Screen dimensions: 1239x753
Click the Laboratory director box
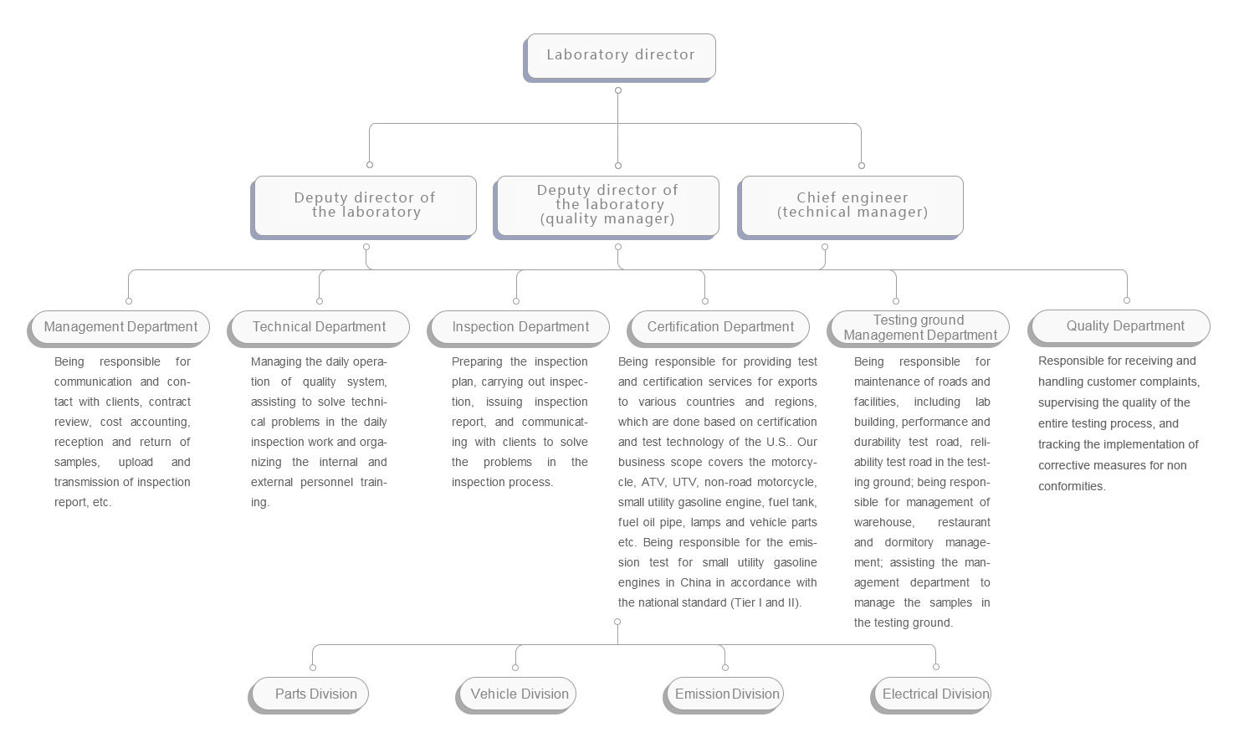pyautogui.click(x=619, y=58)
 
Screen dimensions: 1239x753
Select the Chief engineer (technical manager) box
pyautogui.click(x=850, y=207)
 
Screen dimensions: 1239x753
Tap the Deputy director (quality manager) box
pyautogui.click(x=607, y=207)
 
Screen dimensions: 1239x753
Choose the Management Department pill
pyautogui.click(x=118, y=329)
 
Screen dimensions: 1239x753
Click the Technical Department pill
pyautogui.click(x=318, y=329)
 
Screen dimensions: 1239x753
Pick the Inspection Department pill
pyautogui.click(x=519, y=329)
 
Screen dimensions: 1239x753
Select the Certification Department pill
pyautogui.click(x=718, y=329)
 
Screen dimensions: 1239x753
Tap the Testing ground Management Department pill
pyautogui.click(x=919, y=329)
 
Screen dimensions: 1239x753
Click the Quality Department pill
pyautogui.click(x=1119, y=328)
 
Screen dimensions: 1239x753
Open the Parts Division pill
pyautogui.click(x=308, y=695)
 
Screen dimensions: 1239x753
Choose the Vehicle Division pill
pyautogui.click(x=515, y=695)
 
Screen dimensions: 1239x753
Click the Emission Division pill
pyautogui.click(x=723, y=695)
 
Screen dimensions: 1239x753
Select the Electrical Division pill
pyautogui.click(x=930, y=695)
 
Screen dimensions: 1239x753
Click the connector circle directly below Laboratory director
pyautogui.click(x=618, y=90)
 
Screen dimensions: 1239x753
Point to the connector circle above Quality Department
pyautogui.click(x=1127, y=300)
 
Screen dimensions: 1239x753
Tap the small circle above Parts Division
pyautogui.click(x=313, y=668)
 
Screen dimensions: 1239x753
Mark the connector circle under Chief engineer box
pyautogui.click(x=825, y=248)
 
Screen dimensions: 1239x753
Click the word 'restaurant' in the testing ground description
pyautogui.click(x=964, y=522)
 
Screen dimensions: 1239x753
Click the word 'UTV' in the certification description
pyautogui.click(x=684, y=482)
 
